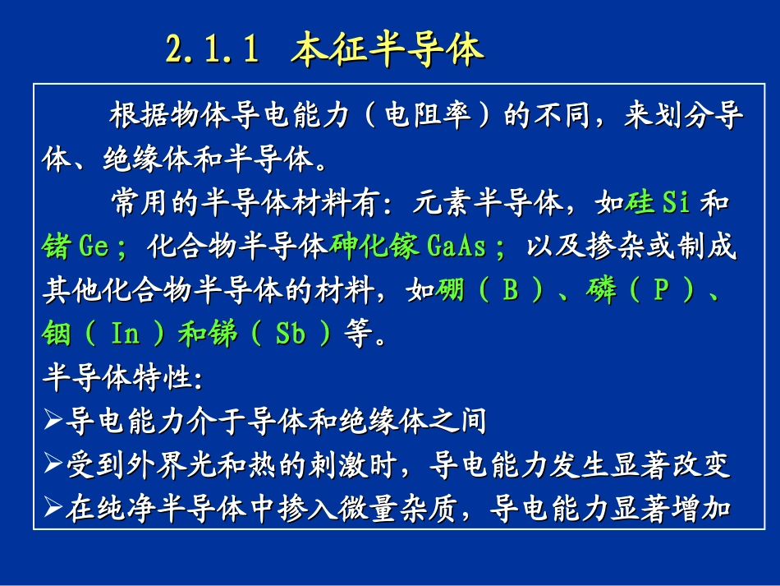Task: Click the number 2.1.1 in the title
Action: point(213,50)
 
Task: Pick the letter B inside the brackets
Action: point(510,291)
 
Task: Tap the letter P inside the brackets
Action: point(658,291)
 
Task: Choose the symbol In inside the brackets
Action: point(126,335)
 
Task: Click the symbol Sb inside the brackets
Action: point(291,335)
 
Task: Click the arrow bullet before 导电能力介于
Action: point(53,422)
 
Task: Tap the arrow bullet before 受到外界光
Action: point(53,466)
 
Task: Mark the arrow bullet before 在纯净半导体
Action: point(53,510)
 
